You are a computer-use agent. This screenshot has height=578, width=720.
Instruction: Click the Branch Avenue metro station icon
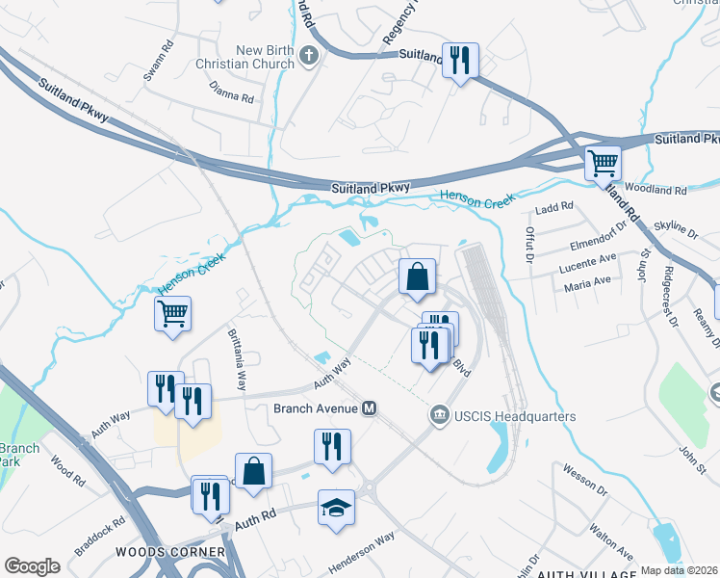tap(369, 408)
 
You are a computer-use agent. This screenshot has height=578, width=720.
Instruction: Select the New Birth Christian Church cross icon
tap(309, 55)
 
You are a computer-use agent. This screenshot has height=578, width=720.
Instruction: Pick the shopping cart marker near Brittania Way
tap(173, 312)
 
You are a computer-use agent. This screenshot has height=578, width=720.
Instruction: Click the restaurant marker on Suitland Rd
tap(460, 60)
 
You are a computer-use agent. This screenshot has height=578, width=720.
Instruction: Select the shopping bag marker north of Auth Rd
tap(253, 471)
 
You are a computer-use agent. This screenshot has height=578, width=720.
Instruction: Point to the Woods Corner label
tap(169, 552)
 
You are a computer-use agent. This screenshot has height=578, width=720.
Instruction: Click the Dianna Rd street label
tap(232, 96)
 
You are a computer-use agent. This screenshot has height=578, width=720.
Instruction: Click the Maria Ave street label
tap(588, 280)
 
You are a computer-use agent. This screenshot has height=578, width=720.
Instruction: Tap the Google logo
tap(32, 566)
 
